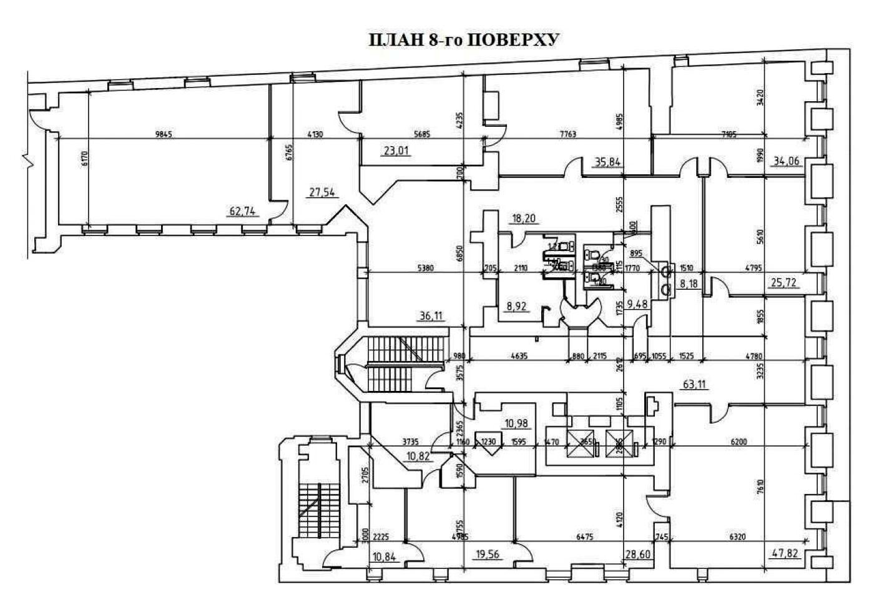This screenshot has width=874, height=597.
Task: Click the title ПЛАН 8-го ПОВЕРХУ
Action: [463, 40]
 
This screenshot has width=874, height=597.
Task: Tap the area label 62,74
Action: [243, 211]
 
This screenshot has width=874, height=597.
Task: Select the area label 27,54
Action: [322, 192]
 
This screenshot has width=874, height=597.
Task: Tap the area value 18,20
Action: [523, 219]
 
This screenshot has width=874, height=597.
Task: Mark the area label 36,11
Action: [430, 316]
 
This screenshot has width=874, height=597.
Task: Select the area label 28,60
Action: [637, 554]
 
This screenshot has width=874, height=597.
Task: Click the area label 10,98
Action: [517, 423]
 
